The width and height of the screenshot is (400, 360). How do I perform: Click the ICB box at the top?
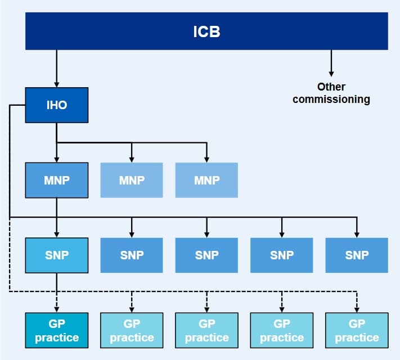pyautogui.click(x=206, y=31)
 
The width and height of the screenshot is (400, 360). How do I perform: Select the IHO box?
pyautogui.click(x=57, y=105)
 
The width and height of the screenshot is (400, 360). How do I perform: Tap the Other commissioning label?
pyautogui.click(x=331, y=93)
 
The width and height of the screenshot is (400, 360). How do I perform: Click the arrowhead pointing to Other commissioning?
pyautogui.click(x=331, y=73)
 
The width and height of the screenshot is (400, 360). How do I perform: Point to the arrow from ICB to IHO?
pyautogui.click(x=57, y=67)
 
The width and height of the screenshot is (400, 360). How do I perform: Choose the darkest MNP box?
pyautogui.click(x=57, y=180)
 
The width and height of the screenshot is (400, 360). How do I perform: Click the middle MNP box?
pyautogui.click(x=132, y=180)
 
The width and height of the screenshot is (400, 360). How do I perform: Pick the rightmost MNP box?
pyautogui.click(x=206, y=180)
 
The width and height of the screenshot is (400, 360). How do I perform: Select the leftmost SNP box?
pyautogui.click(x=57, y=255)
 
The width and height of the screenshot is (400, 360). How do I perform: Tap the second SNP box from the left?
pyautogui.click(x=132, y=255)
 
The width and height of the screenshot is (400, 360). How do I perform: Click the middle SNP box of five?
pyautogui.click(x=206, y=255)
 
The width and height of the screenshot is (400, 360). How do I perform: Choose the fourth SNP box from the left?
pyautogui.click(x=281, y=255)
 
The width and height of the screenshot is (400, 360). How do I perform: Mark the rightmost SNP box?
pyautogui.click(x=357, y=255)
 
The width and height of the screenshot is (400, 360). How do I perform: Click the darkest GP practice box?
pyautogui.click(x=57, y=330)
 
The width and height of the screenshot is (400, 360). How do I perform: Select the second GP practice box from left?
pyautogui.click(x=132, y=330)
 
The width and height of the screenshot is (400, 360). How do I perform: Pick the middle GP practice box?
pyautogui.click(x=206, y=330)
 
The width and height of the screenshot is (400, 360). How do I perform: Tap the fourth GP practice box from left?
pyautogui.click(x=281, y=330)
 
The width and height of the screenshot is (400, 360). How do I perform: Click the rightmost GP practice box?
pyautogui.click(x=357, y=330)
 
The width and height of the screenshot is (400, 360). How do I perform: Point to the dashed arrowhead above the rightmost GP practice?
pyautogui.click(x=357, y=309)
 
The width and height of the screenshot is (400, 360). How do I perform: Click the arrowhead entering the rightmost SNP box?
pyautogui.click(x=357, y=234)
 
